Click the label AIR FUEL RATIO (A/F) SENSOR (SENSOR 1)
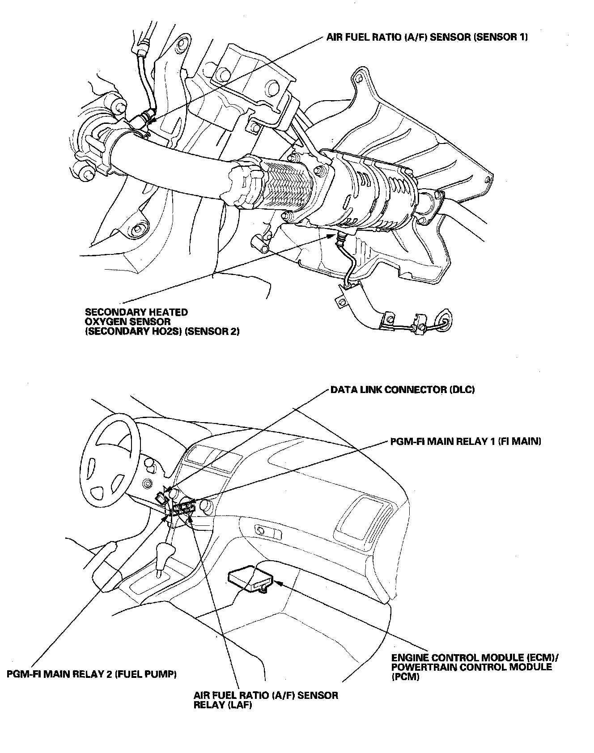427,37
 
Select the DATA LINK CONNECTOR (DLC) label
402,389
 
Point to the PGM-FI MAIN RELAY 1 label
466,441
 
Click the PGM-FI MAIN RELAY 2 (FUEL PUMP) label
92,674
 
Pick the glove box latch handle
267,532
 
